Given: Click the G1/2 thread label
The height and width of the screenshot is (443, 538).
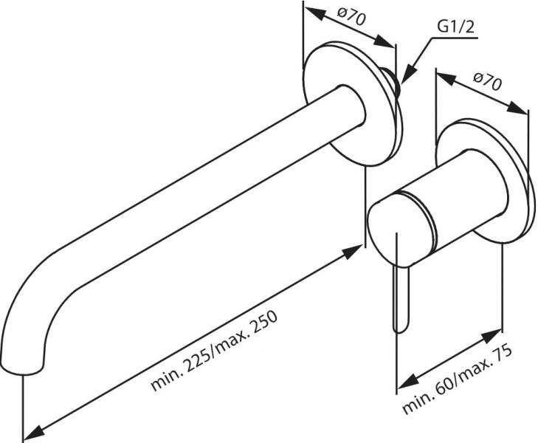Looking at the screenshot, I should pos(455,27).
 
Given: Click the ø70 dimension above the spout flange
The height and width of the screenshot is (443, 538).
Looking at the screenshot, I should pos(353,18).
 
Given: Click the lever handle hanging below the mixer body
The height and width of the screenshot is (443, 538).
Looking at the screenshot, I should pos(400,295).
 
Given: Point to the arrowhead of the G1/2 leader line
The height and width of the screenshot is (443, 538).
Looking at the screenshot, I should pos(406,78).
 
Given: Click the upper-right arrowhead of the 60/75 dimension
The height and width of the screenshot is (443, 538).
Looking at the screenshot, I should pos(497,334).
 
